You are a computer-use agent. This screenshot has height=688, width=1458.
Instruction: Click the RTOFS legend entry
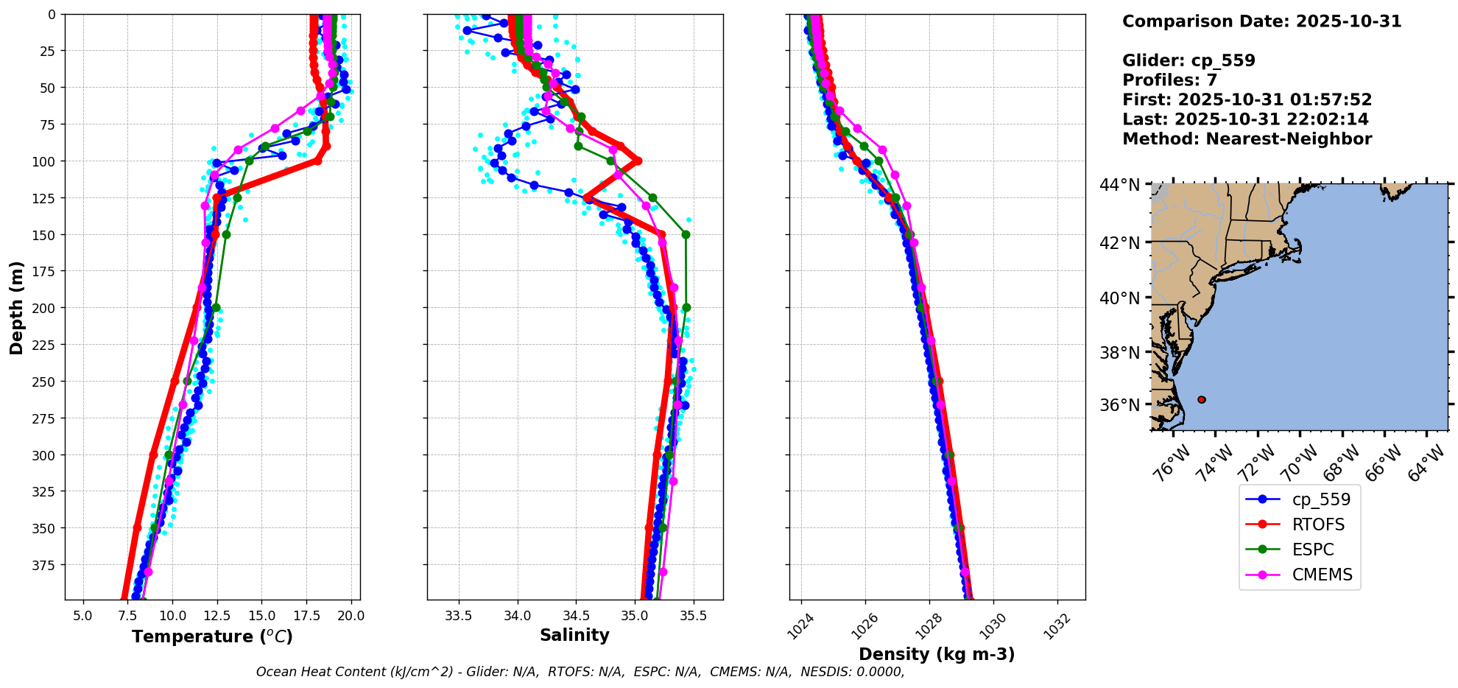(x=1318, y=524)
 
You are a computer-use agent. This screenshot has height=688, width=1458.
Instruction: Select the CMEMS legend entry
(x=1322, y=575)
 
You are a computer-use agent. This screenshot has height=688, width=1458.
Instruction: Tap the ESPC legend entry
(x=1313, y=550)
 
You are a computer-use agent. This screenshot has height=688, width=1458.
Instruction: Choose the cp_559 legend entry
(x=1321, y=499)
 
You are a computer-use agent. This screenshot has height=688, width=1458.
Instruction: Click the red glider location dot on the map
(x=1202, y=399)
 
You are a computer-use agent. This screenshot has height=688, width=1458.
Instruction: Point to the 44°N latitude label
(x=1119, y=185)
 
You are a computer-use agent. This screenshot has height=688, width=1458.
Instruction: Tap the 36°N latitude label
(x=1119, y=405)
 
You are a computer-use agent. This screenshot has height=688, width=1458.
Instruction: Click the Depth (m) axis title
(x=16, y=307)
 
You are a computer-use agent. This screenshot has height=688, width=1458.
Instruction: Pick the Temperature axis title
(x=212, y=636)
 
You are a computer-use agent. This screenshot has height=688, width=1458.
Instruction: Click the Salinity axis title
(x=574, y=635)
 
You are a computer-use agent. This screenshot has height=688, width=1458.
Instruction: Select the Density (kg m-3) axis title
(x=937, y=654)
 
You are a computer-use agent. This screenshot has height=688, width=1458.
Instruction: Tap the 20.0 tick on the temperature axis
(x=351, y=616)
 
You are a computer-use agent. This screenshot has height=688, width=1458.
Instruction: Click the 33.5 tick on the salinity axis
(x=459, y=616)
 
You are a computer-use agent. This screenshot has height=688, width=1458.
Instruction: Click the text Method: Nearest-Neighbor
(x=1247, y=139)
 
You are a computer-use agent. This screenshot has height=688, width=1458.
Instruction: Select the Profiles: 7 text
(x=1169, y=80)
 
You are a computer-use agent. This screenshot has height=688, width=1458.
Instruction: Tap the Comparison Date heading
(x=1261, y=21)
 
